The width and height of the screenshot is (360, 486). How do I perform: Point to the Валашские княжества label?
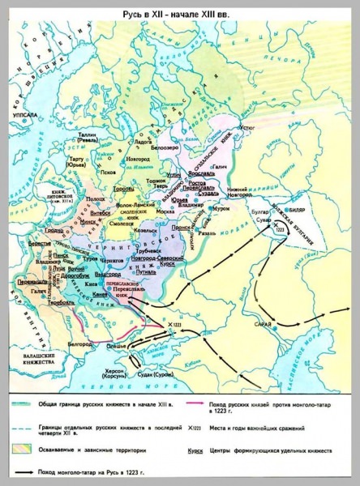36,360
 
